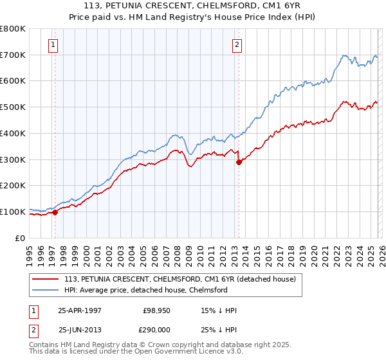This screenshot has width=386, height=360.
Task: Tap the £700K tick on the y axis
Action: (x=14, y=55)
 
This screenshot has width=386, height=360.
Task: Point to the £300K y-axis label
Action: (x=14, y=159)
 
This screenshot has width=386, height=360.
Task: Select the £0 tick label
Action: (x=21, y=238)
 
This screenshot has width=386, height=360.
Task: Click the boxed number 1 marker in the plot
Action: (x=52, y=44)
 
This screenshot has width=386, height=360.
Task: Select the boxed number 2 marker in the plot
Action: (x=237, y=44)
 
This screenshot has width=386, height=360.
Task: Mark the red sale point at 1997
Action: (x=55, y=212)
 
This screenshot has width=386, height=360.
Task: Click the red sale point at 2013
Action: (x=239, y=162)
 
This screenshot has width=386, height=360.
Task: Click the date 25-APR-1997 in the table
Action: (x=80, y=310)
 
